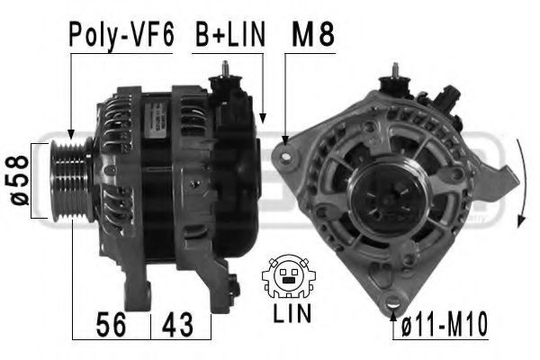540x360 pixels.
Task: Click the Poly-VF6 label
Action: [121, 35]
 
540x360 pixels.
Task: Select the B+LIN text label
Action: [230, 34]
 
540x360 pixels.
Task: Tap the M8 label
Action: [312, 34]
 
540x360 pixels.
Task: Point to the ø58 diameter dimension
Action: [19, 181]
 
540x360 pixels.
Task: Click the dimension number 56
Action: [111, 324]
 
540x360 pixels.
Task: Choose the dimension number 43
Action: [177, 324]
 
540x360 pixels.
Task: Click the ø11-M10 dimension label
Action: [445, 324]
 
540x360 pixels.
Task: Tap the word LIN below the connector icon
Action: [292, 313]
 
